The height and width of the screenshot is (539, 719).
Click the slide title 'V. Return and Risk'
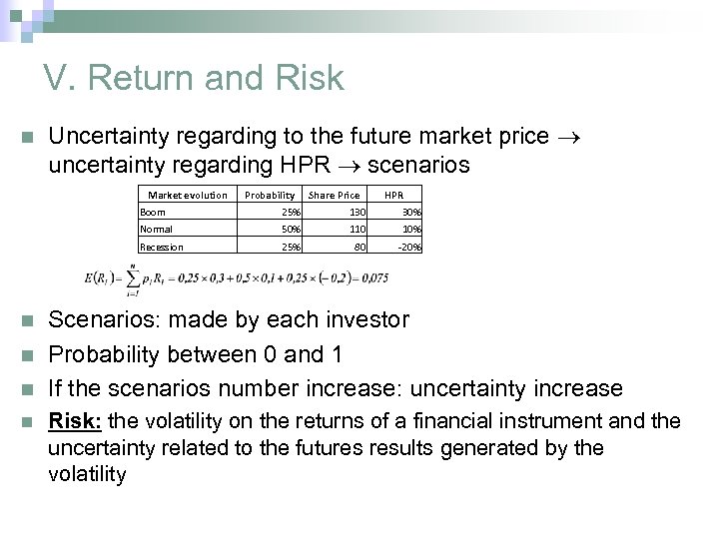193,78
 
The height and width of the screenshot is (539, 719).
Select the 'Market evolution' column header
188,195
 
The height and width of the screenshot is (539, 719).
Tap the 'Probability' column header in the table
271,195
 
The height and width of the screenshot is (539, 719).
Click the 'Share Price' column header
335,195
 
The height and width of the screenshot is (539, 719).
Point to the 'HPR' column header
394,195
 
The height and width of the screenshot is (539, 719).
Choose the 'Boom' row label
154,212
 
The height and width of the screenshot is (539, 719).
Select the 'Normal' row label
157,229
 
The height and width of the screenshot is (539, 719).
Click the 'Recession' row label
162,247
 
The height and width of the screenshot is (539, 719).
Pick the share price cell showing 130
357,212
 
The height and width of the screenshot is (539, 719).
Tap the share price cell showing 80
360,247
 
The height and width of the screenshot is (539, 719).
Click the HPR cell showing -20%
409,247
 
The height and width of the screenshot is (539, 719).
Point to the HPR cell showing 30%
411,212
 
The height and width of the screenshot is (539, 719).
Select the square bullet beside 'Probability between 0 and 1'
25,355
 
